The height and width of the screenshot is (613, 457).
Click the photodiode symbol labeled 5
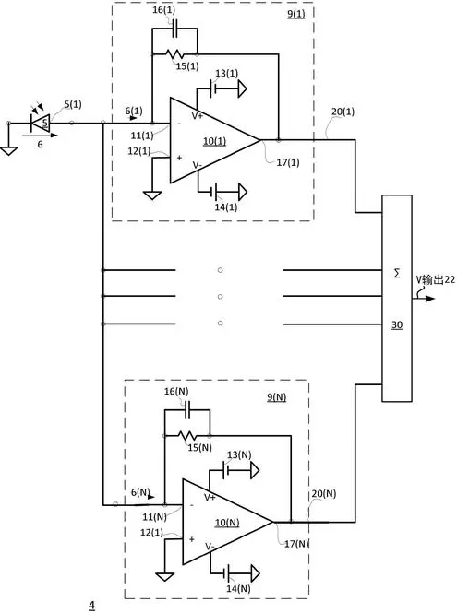41,124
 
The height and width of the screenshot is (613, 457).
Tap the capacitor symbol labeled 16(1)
175,29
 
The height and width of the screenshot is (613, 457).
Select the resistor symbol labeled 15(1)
174,54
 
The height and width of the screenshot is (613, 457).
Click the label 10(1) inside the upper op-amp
214,141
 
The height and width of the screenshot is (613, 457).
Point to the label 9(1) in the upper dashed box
296,14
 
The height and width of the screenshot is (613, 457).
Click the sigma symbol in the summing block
397,274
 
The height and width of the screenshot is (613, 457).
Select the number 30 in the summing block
397,324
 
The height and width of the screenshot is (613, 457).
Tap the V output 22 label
436,279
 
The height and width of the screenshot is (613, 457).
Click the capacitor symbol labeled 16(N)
187,409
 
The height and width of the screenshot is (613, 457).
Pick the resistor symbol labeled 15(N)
187,435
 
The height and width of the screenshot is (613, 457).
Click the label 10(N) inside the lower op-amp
227,523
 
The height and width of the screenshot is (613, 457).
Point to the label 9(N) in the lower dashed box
276,397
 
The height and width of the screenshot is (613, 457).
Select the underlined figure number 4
91,606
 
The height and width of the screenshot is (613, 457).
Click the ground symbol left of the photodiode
8,150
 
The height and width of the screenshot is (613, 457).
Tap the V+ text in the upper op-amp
198,116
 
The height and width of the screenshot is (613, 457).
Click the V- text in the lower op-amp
210,546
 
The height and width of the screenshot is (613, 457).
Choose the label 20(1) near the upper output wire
343,112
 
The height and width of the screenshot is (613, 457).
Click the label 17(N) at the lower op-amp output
296,544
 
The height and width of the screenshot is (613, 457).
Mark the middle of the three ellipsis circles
220,296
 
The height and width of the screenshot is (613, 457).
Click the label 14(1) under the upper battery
226,207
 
